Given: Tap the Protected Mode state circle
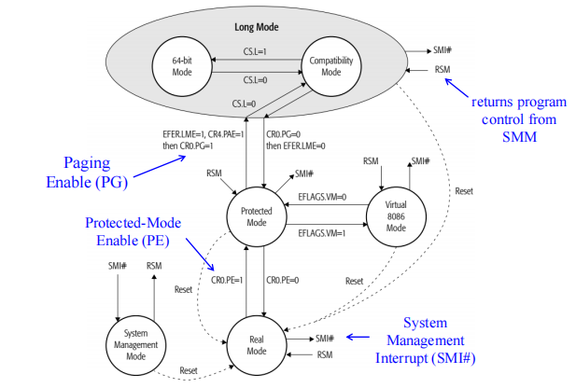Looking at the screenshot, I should click(254, 214).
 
